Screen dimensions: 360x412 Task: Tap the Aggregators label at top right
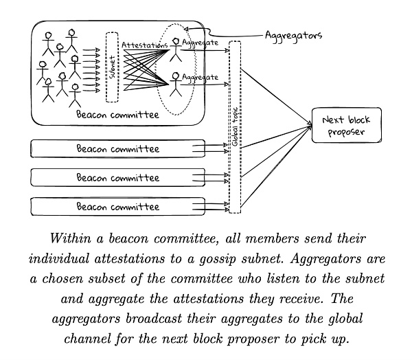[x=293, y=34]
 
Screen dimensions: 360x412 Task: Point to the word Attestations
[x=145, y=45]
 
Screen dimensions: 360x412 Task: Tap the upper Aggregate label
[x=201, y=43]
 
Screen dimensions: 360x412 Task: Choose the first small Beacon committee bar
[x=117, y=148]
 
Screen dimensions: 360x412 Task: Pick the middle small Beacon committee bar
[x=117, y=177]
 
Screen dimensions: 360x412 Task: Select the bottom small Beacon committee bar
[x=117, y=206]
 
